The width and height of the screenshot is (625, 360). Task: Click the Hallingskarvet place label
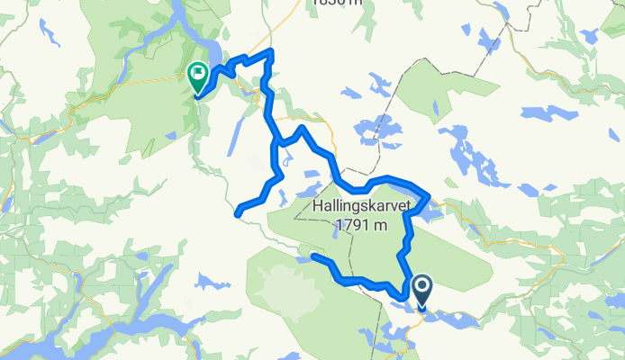[361, 206]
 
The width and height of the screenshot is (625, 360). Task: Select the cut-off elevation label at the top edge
[337, 4]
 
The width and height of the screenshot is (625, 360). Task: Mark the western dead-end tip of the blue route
[238, 213]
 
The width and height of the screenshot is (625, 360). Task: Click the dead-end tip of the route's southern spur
[314, 256]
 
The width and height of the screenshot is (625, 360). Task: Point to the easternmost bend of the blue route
[428, 196]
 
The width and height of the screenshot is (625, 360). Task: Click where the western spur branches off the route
[276, 143]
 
